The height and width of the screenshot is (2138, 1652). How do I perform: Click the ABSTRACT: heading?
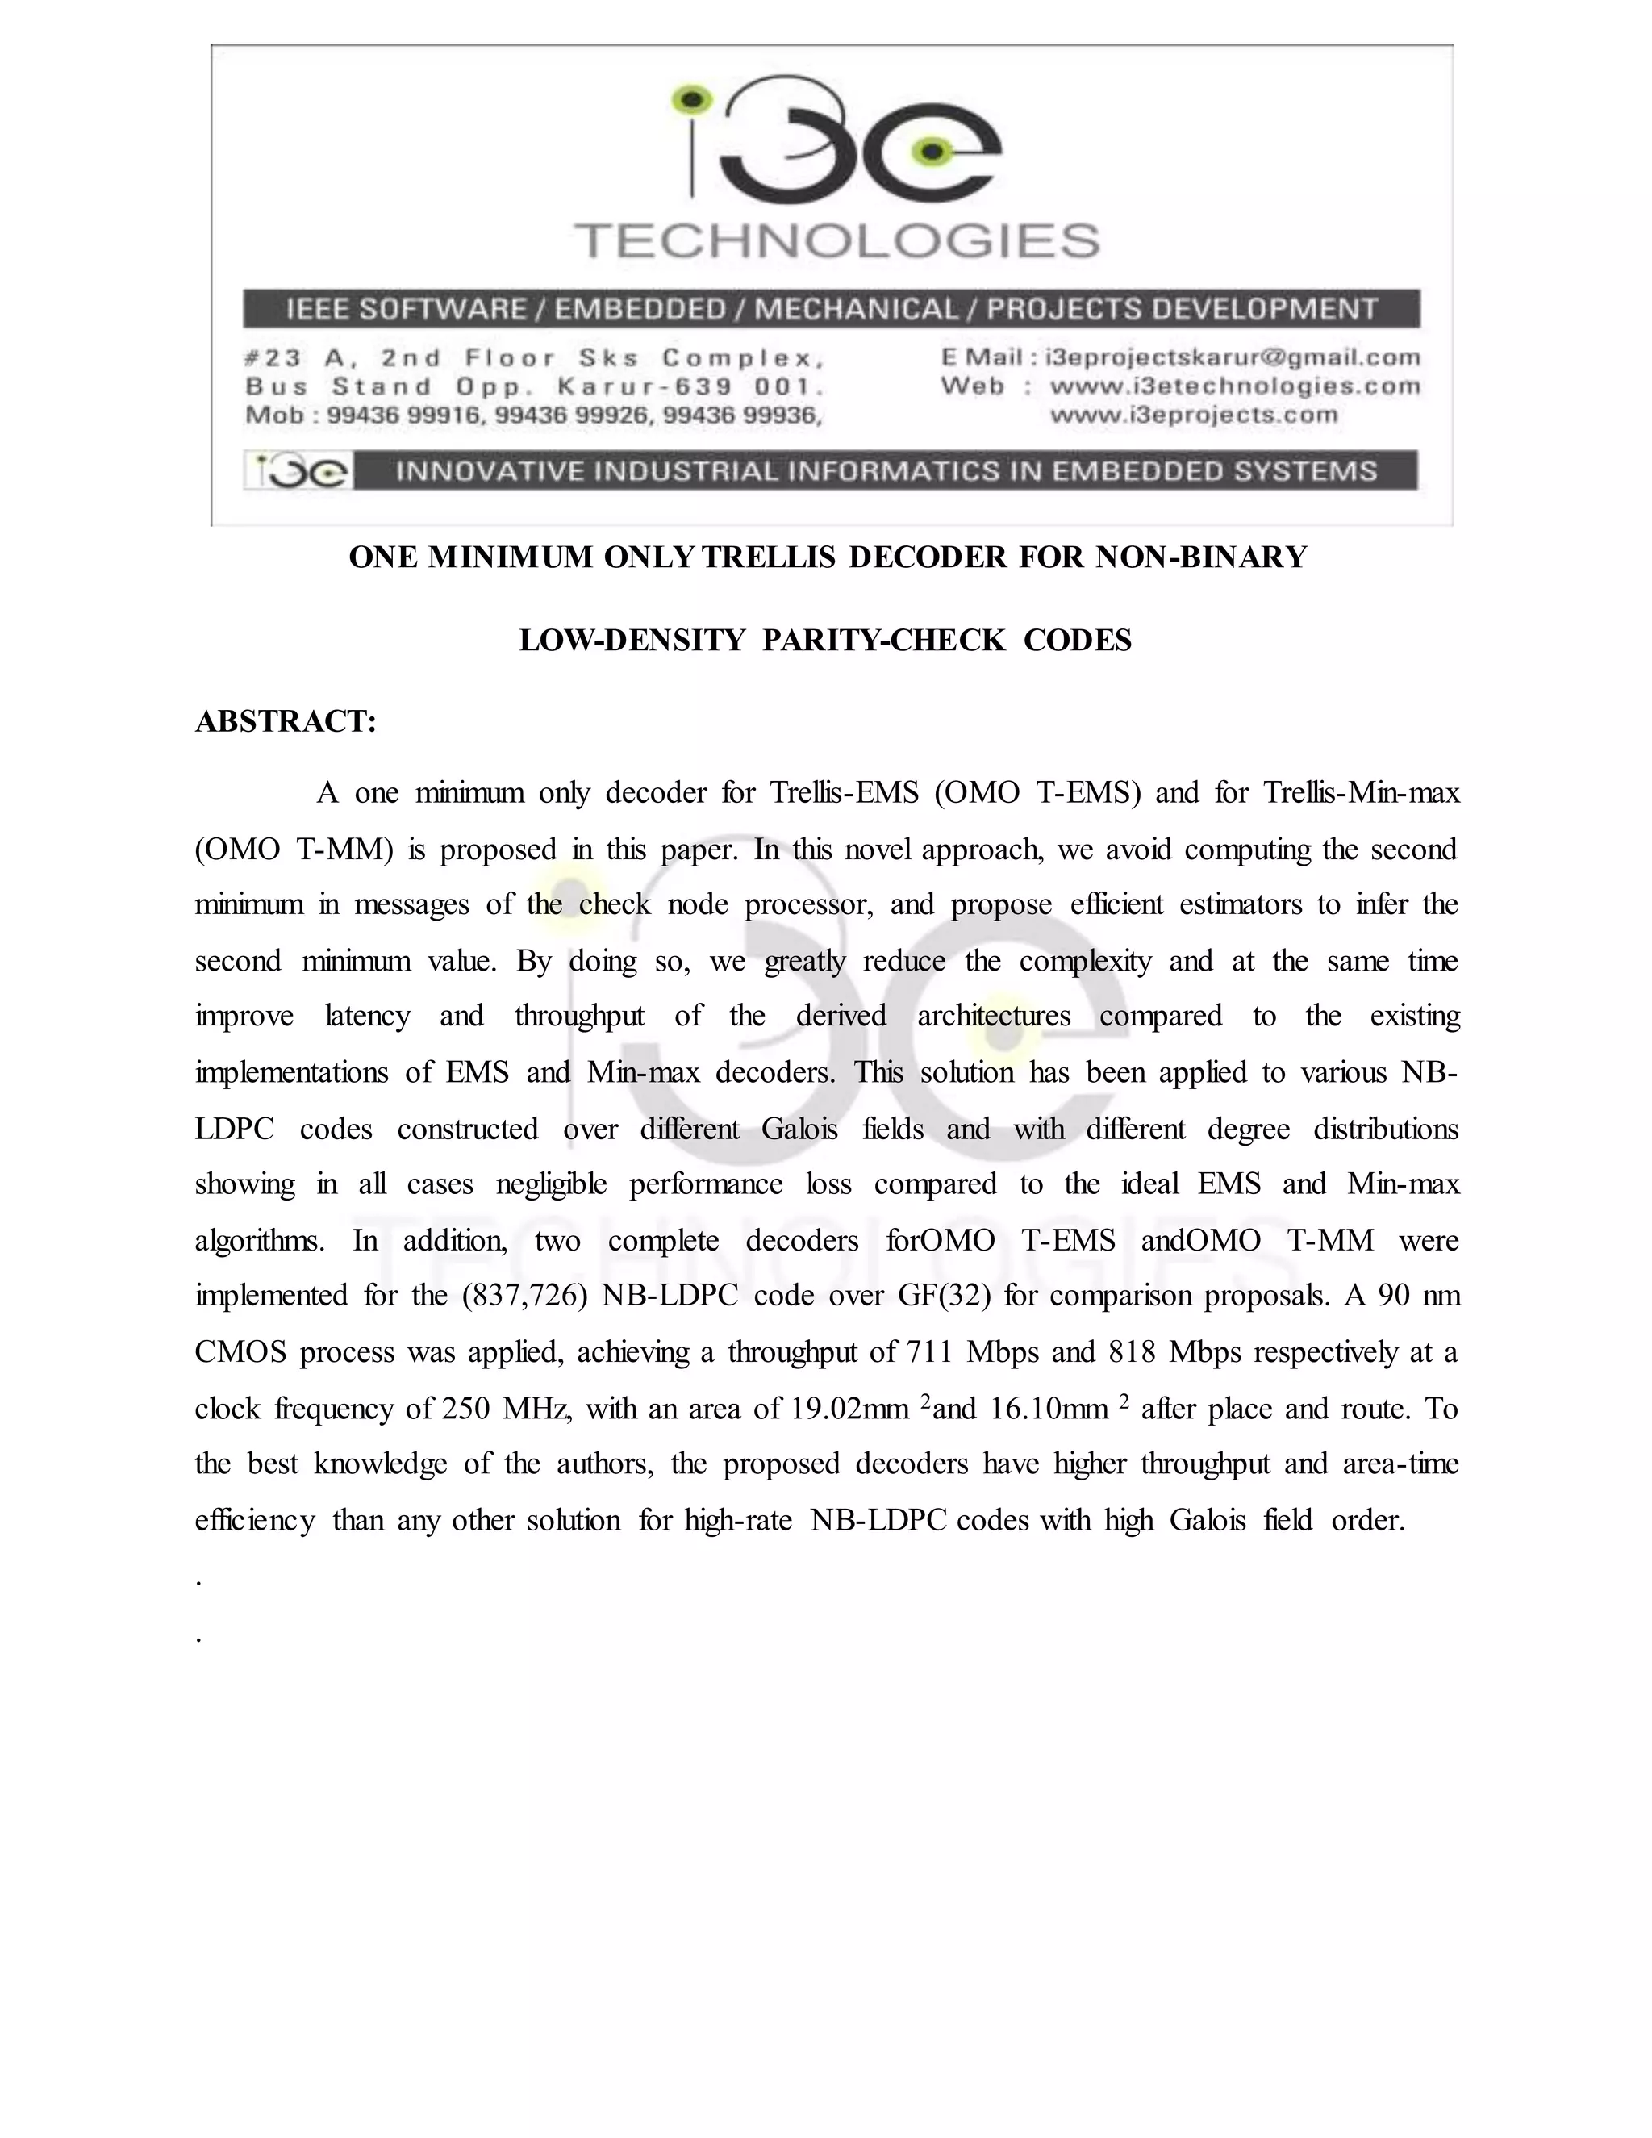point(286,721)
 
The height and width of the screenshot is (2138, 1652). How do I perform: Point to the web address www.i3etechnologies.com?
point(1234,386)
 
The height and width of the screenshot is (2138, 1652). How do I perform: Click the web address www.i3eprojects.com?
point(1193,414)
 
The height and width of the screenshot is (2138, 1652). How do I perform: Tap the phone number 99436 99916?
point(403,415)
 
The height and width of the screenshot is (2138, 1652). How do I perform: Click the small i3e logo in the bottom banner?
point(297,471)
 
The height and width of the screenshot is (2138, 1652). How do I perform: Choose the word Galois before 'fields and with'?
point(799,1129)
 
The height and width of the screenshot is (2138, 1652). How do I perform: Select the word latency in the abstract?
point(367,1016)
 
